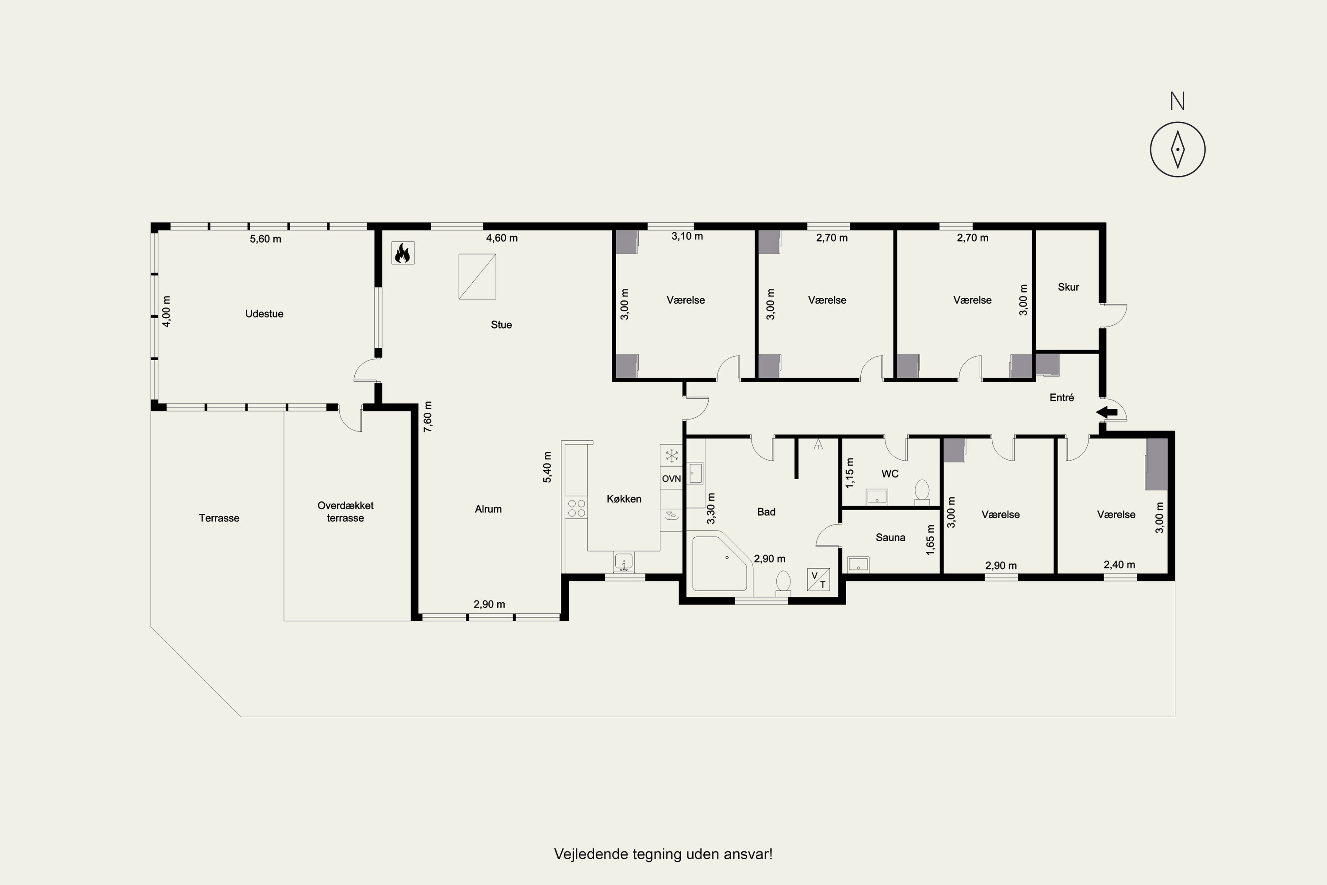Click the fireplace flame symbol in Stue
403,253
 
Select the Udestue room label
264,314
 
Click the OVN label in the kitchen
671,479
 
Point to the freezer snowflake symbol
671,455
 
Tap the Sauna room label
890,537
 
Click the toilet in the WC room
922,492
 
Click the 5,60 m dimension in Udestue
266,239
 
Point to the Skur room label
1069,287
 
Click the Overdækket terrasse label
345,512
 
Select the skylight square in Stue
477,276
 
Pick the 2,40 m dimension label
1120,565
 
